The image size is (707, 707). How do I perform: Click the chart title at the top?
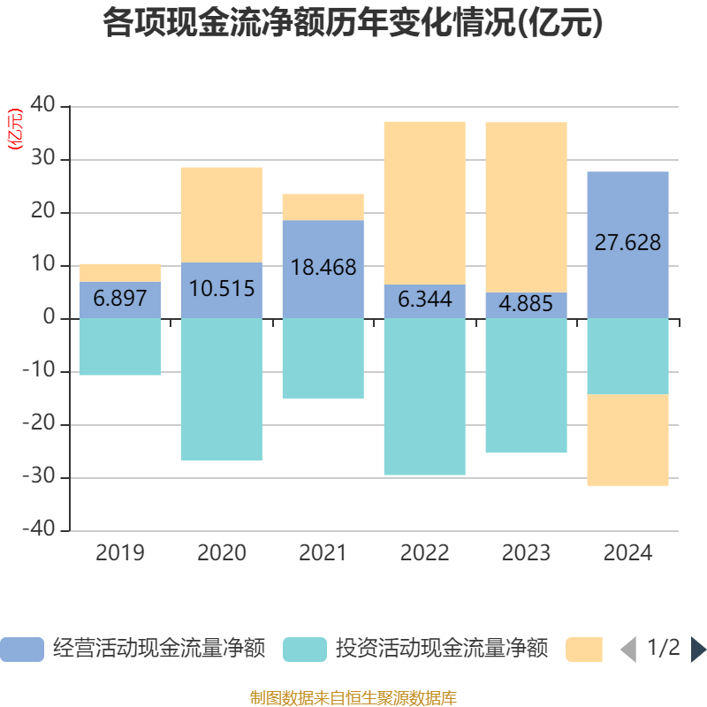point(353,24)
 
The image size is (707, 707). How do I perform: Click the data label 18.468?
point(323,268)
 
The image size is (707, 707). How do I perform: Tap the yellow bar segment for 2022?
point(424,202)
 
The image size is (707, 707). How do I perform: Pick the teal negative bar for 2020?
point(222,390)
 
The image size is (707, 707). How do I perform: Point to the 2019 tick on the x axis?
point(120,553)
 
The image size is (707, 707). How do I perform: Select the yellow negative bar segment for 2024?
point(627,440)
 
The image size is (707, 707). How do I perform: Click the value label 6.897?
point(120,299)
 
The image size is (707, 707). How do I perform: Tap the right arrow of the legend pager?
point(698,650)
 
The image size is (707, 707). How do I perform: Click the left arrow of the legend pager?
point(628,650)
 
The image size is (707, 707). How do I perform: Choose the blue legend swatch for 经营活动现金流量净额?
point(22,650)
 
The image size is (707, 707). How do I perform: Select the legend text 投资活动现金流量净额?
point(442,650)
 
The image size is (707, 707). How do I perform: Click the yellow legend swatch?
point(584,650)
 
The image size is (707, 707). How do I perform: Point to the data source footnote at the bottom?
point(353,697)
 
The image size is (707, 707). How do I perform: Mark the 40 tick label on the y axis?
point(45,107)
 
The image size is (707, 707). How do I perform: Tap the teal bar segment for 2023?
point(526,386)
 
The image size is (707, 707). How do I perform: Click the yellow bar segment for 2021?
point(323,207)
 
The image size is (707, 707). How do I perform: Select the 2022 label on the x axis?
point(424,553)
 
